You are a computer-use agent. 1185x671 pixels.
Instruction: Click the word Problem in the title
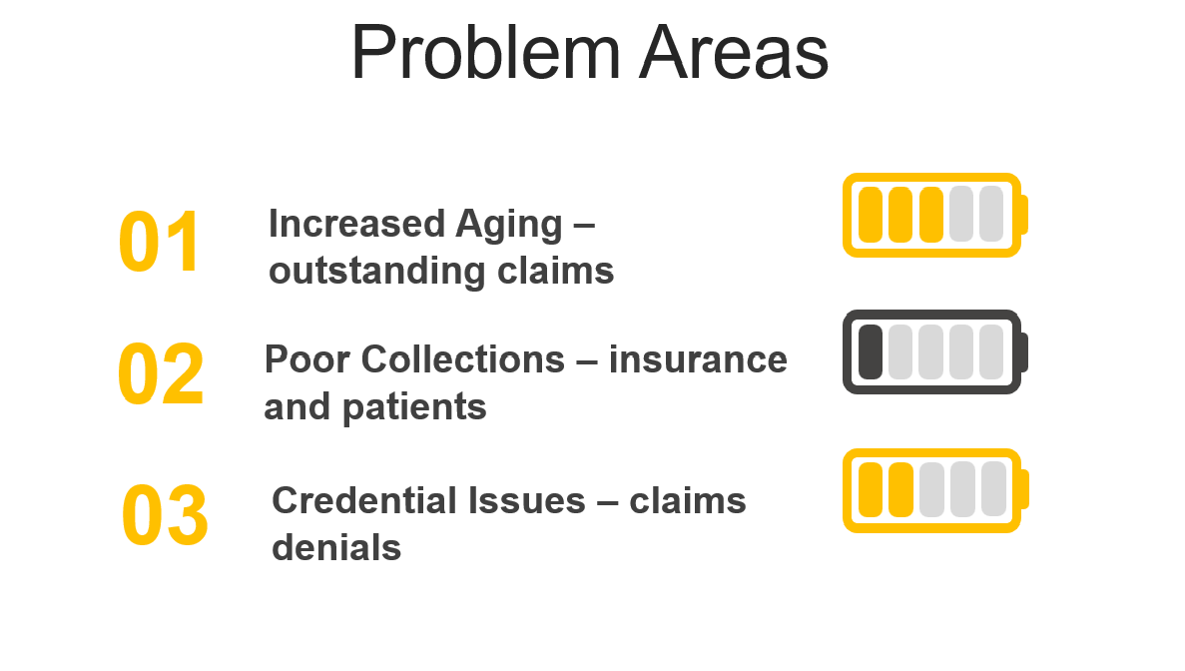pos(485,54)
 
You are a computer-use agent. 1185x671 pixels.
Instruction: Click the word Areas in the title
pos(734,54)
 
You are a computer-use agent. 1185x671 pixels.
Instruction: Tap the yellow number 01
pos(160,242)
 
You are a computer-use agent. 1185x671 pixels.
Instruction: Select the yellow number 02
pos(160,373)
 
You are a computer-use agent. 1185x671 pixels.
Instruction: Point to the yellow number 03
pos(165,514)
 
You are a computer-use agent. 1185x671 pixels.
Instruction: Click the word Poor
pos(306,359)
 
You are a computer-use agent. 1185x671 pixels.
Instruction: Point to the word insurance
pos(698,359)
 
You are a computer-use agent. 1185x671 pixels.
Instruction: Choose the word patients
pos(414,408)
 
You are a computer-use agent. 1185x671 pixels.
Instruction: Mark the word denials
pos(336,548)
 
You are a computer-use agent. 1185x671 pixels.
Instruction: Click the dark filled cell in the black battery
pos(871,352)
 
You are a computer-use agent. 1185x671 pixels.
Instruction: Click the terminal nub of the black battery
pos(1024,352)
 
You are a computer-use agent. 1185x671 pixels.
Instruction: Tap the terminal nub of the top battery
pos(1024,215)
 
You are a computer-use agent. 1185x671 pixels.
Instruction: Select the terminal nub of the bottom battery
pos(1025,490)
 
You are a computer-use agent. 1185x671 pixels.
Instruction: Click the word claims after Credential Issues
pos(688,501)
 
